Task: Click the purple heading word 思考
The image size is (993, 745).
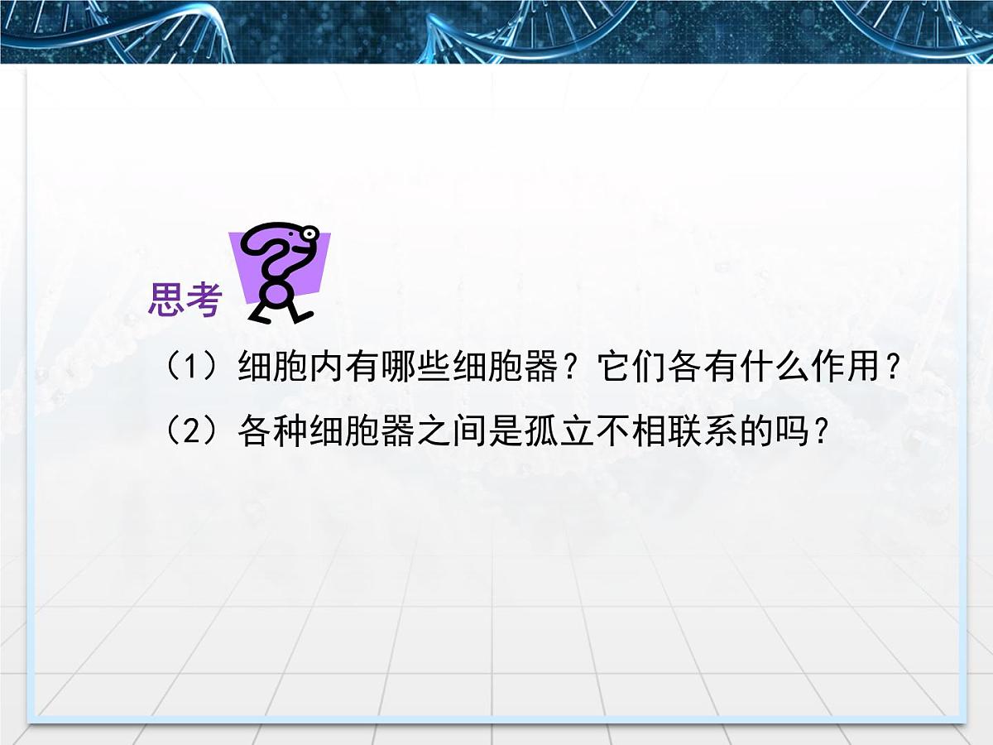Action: point(185,300)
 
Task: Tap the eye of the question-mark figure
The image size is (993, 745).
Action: point(310,234)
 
